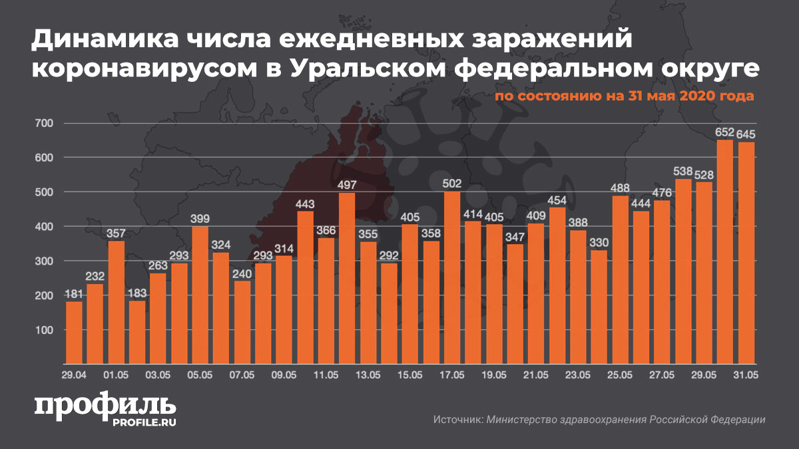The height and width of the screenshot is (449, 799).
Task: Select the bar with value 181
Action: point(75,333)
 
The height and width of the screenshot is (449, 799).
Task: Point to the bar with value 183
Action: point(137,333)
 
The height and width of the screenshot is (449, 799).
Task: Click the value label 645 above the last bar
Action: point(746,134)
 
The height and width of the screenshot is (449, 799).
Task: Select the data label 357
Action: point(117,233)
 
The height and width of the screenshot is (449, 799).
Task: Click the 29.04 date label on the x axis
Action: point(74,376)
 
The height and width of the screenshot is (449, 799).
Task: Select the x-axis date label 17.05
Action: point(452,376)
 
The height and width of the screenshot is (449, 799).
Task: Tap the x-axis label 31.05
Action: point(746,376)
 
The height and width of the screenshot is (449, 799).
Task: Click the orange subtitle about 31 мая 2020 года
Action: point(624,96)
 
